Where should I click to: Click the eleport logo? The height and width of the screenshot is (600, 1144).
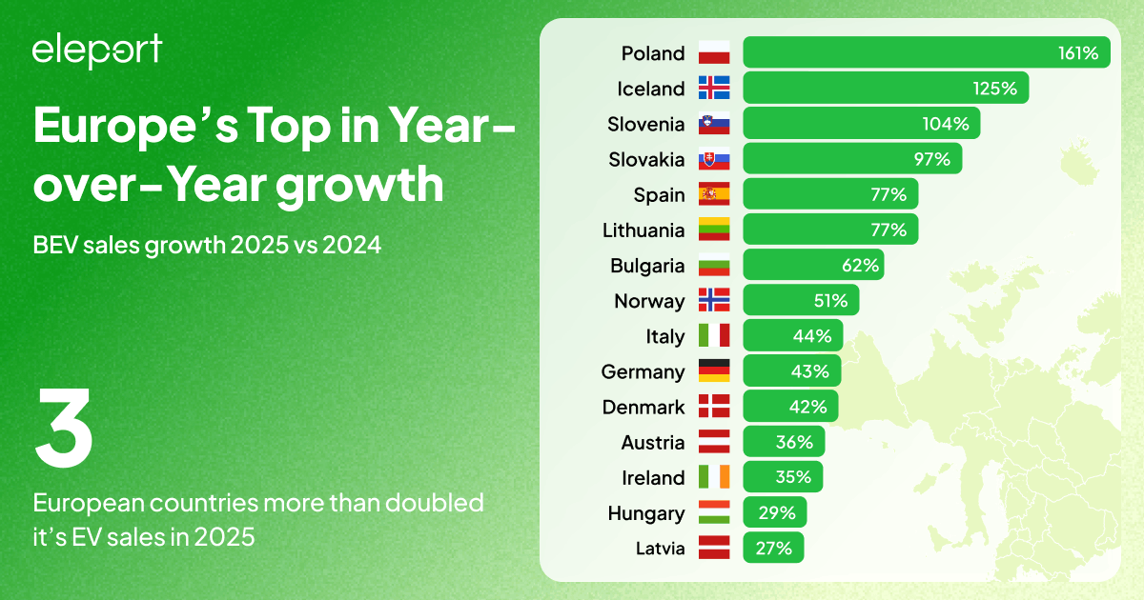pyautogui.click(x=96, y=50)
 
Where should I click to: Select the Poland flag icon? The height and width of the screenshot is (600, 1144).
pyautogui.click(x=714, y=53)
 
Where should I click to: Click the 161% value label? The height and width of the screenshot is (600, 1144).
pyautogui.click(x=1077, y=53)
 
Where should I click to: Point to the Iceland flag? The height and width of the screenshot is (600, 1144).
pyautogui.click(x=714, y=89)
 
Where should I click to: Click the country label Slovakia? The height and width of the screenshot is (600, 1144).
pyautogui.click(x=646, y=159)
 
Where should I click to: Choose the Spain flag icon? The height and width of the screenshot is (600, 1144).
pyautogui.click(x=714, y=194)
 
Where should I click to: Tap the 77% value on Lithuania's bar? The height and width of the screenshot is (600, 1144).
pyautogui.click(x=888, y=230)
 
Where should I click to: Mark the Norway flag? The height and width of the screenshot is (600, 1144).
pyautogui.click(x=714, y=301)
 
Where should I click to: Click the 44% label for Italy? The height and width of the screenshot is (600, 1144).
pyautogui.click(x=811, y=336)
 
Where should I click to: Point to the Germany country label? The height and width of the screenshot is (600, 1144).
pyautogui.click(x=643, y=371)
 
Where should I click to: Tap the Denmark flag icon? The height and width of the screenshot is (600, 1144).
pyautogui.click(x=714, y=407)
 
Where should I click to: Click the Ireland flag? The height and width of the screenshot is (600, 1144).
pyautogui.click(x=714, y=477)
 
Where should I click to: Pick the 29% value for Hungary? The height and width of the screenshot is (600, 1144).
pyautogui.click(x=777, y=513)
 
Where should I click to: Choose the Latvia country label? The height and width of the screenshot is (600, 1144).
pyautogui.click(x=660, y=549)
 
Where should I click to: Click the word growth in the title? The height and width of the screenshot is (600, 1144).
pyautogui.click(x=360, y=185)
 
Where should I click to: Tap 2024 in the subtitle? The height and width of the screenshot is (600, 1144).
pyautogui.click(x=352, y=246)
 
